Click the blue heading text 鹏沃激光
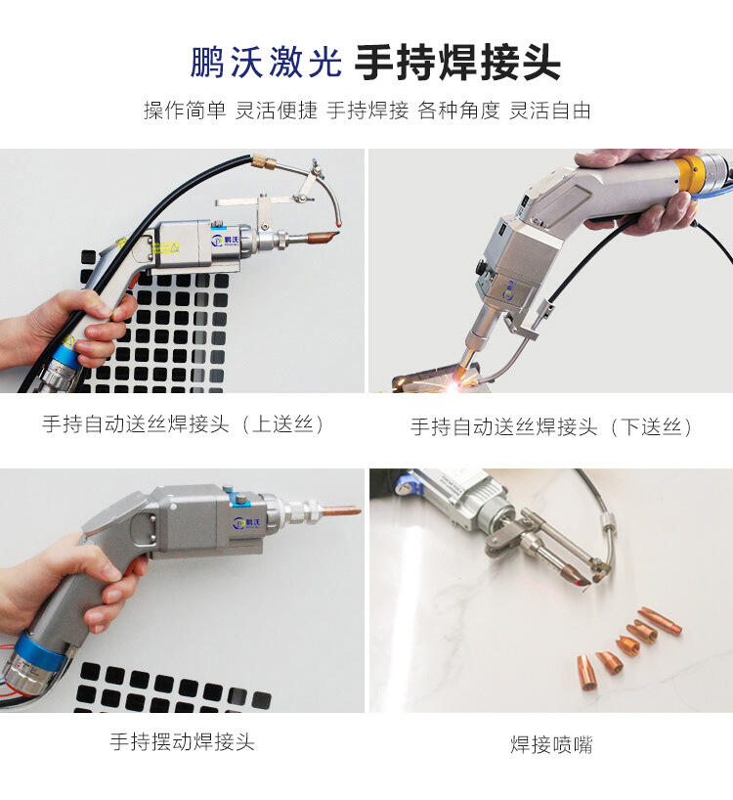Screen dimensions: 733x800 [x=266, y=63]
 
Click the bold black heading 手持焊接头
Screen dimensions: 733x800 [x=457, y=63]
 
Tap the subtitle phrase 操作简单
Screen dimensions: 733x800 [x=185, y=111]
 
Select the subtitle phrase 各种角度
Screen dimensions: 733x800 [x=458, y=111]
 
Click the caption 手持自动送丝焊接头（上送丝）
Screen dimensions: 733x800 [x=183, y=424]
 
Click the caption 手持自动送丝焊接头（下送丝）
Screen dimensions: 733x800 [x=551, y=426]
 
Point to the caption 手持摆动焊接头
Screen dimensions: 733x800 [x=182, y=741]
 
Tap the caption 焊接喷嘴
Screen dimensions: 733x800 [x=551, y=744]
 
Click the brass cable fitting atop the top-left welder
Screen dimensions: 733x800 [x=263, y=161]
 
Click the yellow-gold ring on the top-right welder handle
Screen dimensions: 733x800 [x=688, y=173]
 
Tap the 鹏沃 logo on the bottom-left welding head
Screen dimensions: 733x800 [x=246, y=523]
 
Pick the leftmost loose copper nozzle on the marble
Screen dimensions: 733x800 [x=586, y=672]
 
